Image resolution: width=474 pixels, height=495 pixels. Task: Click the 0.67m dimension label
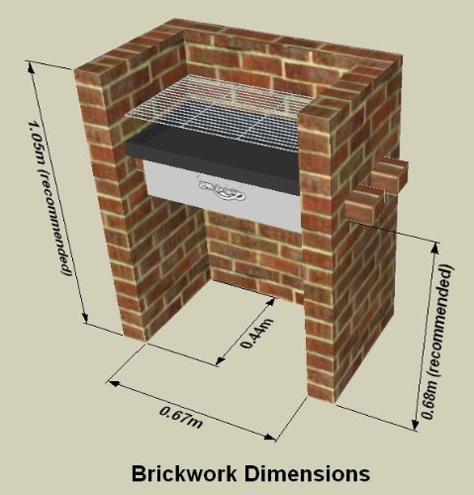tap(181, 418)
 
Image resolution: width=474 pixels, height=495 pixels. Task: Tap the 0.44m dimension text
tap(257, 333)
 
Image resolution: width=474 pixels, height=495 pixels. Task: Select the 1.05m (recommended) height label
tap(49, 198)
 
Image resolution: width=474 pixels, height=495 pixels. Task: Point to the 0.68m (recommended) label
tap(437, 342)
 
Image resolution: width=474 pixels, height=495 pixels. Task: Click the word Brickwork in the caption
tap(184, 473)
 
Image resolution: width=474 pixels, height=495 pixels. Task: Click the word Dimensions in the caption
tap(307, 473)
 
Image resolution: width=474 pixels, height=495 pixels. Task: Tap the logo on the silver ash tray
tap(222, 192)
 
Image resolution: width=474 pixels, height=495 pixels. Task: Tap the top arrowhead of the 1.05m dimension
tap(31, 67)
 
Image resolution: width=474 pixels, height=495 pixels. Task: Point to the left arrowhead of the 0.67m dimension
tap(113, 383)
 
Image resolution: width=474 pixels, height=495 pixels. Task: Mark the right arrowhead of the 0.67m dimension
tap(269, 438)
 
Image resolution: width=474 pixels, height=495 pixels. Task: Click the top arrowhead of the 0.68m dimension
tap(435, 248)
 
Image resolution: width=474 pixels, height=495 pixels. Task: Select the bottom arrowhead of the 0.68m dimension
tap(416, 425)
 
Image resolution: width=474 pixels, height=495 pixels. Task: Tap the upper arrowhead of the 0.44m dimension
tap(271, 302)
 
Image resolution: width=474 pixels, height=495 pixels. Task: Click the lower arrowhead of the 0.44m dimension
tap(220, 360)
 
